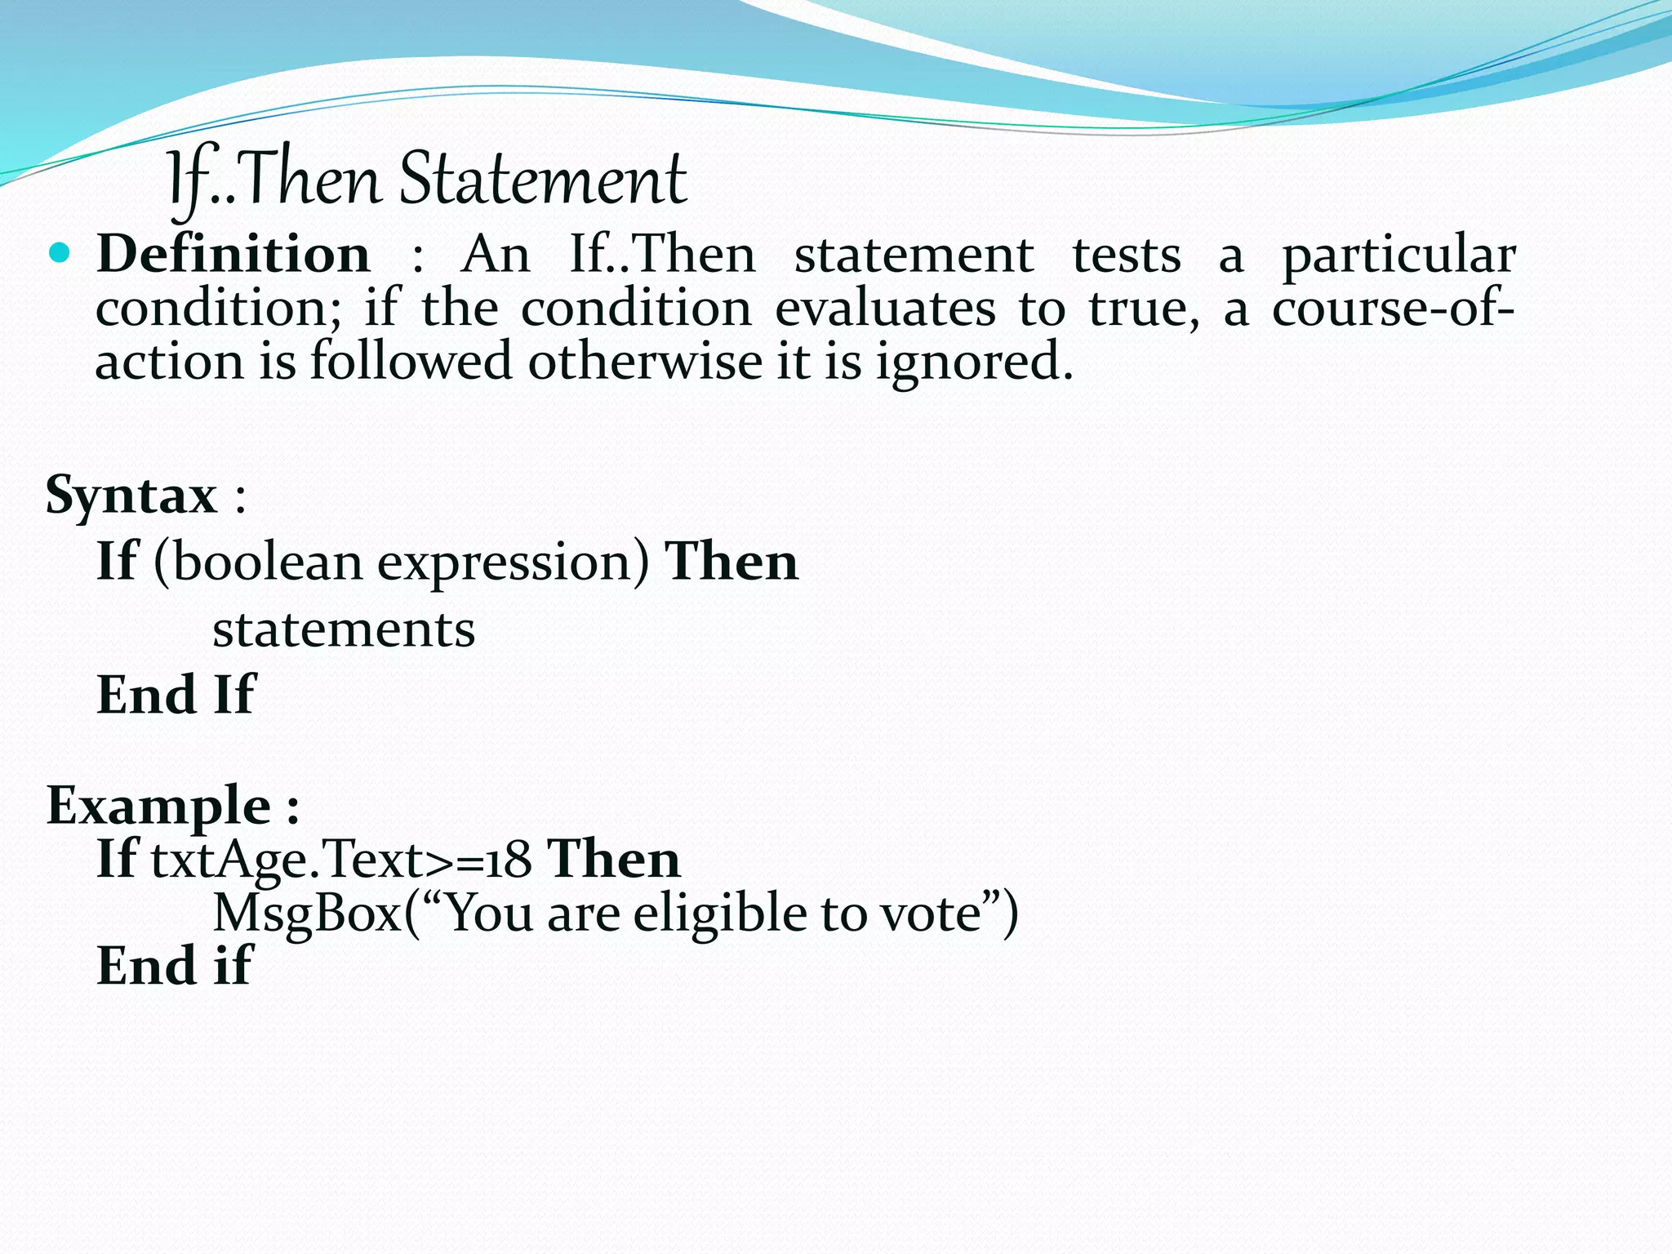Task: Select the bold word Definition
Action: click(x=233, y=254)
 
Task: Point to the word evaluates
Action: click(x=885, y=309)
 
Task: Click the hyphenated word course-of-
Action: click(x=1393, y=309)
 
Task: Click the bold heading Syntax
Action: click(x=131, y=496)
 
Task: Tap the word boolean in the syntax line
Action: click(x=268, y=563)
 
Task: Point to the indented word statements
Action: click(x=344, y=629)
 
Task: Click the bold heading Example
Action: click(x=159, y=807)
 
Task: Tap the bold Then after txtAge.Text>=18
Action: click(x=614, y=859)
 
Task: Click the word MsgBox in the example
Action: click(x=307, y=914)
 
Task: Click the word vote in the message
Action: click(x=930, y=914)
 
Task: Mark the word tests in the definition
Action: click(x=1126, y=255)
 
